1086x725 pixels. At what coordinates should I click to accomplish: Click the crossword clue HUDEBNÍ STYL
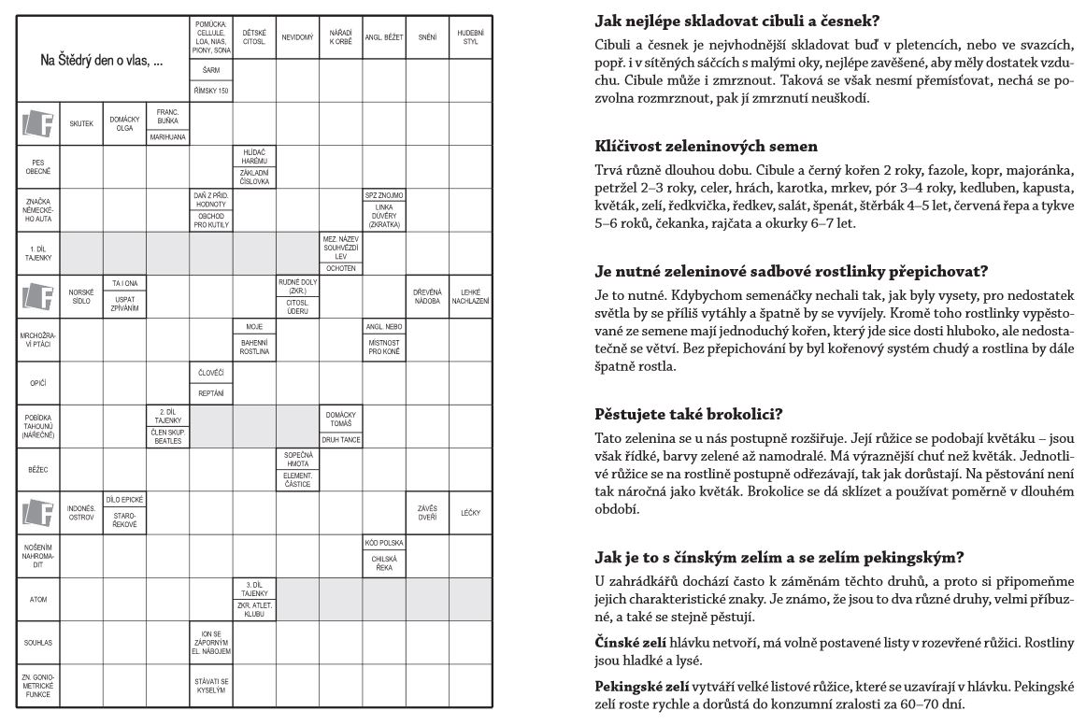[470, 38]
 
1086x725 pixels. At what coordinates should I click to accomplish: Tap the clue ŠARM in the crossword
[211, 70]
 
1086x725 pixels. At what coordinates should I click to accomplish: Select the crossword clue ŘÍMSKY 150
[211, 92]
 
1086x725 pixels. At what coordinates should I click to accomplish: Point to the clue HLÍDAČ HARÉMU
[255, 155]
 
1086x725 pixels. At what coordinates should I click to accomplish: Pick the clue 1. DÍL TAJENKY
[38, 253]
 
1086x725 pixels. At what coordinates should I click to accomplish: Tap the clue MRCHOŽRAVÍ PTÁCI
[38, 339]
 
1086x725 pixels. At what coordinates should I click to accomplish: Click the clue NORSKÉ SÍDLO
[81, 296]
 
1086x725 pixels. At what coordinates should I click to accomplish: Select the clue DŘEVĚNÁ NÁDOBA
[427, 296]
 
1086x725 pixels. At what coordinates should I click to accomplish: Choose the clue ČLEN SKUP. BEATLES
[168, 437]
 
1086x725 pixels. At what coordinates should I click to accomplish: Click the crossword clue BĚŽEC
[38, 469]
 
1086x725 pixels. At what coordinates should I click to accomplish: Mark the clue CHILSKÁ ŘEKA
[384, 562]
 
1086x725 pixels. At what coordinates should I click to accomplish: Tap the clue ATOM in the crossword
[38, 599]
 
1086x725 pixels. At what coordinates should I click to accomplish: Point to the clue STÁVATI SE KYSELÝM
[211, 686]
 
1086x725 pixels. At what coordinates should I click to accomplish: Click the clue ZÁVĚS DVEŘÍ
[427, 513]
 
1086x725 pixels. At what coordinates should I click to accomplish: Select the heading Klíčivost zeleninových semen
[706, 146]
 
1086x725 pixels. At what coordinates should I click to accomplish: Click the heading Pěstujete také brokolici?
[689, 412]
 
